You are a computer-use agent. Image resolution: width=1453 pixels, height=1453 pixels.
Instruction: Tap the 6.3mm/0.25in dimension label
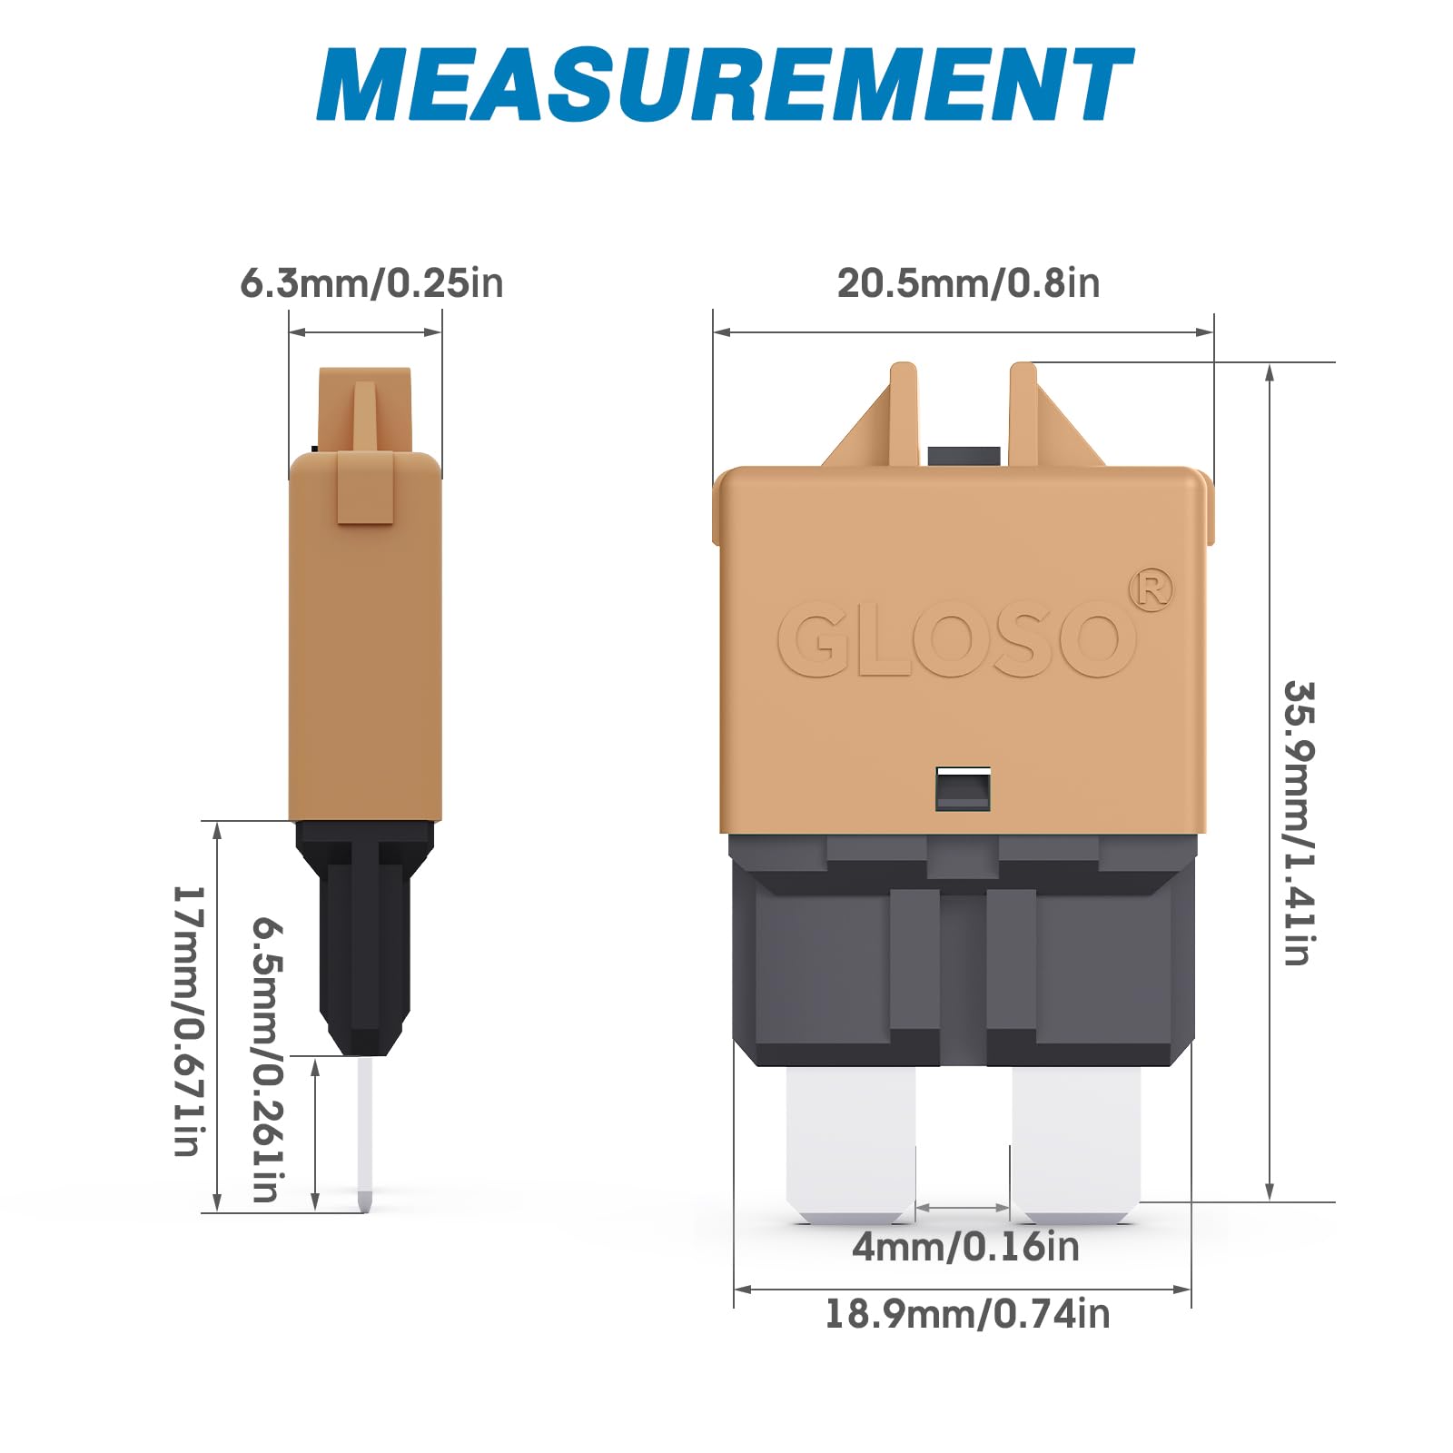point(371,282)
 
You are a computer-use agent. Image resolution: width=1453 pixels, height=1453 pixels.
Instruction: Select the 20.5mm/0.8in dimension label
point(968,282)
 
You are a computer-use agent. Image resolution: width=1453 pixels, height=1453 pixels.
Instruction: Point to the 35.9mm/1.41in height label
point(1298,822)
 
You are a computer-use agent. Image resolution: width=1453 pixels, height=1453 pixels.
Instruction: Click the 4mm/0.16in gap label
point(965,1247)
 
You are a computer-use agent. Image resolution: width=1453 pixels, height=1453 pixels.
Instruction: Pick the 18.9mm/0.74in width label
point(966,1314)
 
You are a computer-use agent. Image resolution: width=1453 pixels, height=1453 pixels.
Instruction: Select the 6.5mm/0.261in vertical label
point(269,1058)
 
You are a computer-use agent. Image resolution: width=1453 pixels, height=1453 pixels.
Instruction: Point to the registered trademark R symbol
point(1151,591)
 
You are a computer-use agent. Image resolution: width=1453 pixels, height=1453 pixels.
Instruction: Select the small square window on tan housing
point(963,787)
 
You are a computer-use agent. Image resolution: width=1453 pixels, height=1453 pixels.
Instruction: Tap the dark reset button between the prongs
point(964,456)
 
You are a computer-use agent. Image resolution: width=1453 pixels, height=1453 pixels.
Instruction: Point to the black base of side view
point(364,935)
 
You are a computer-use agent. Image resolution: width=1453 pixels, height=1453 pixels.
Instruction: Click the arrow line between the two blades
point(963,1208)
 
